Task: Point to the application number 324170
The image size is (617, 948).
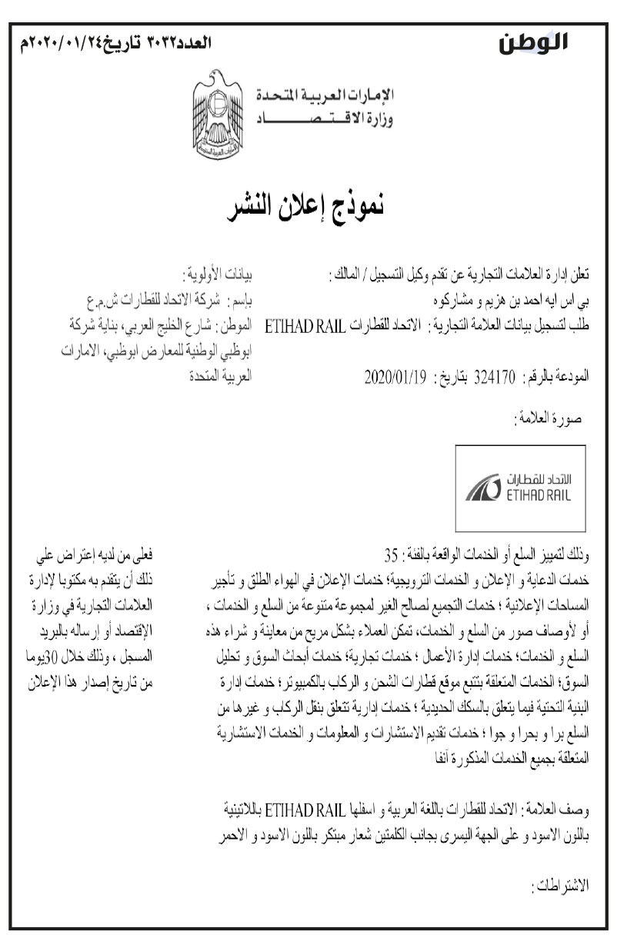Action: pos(495,378)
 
